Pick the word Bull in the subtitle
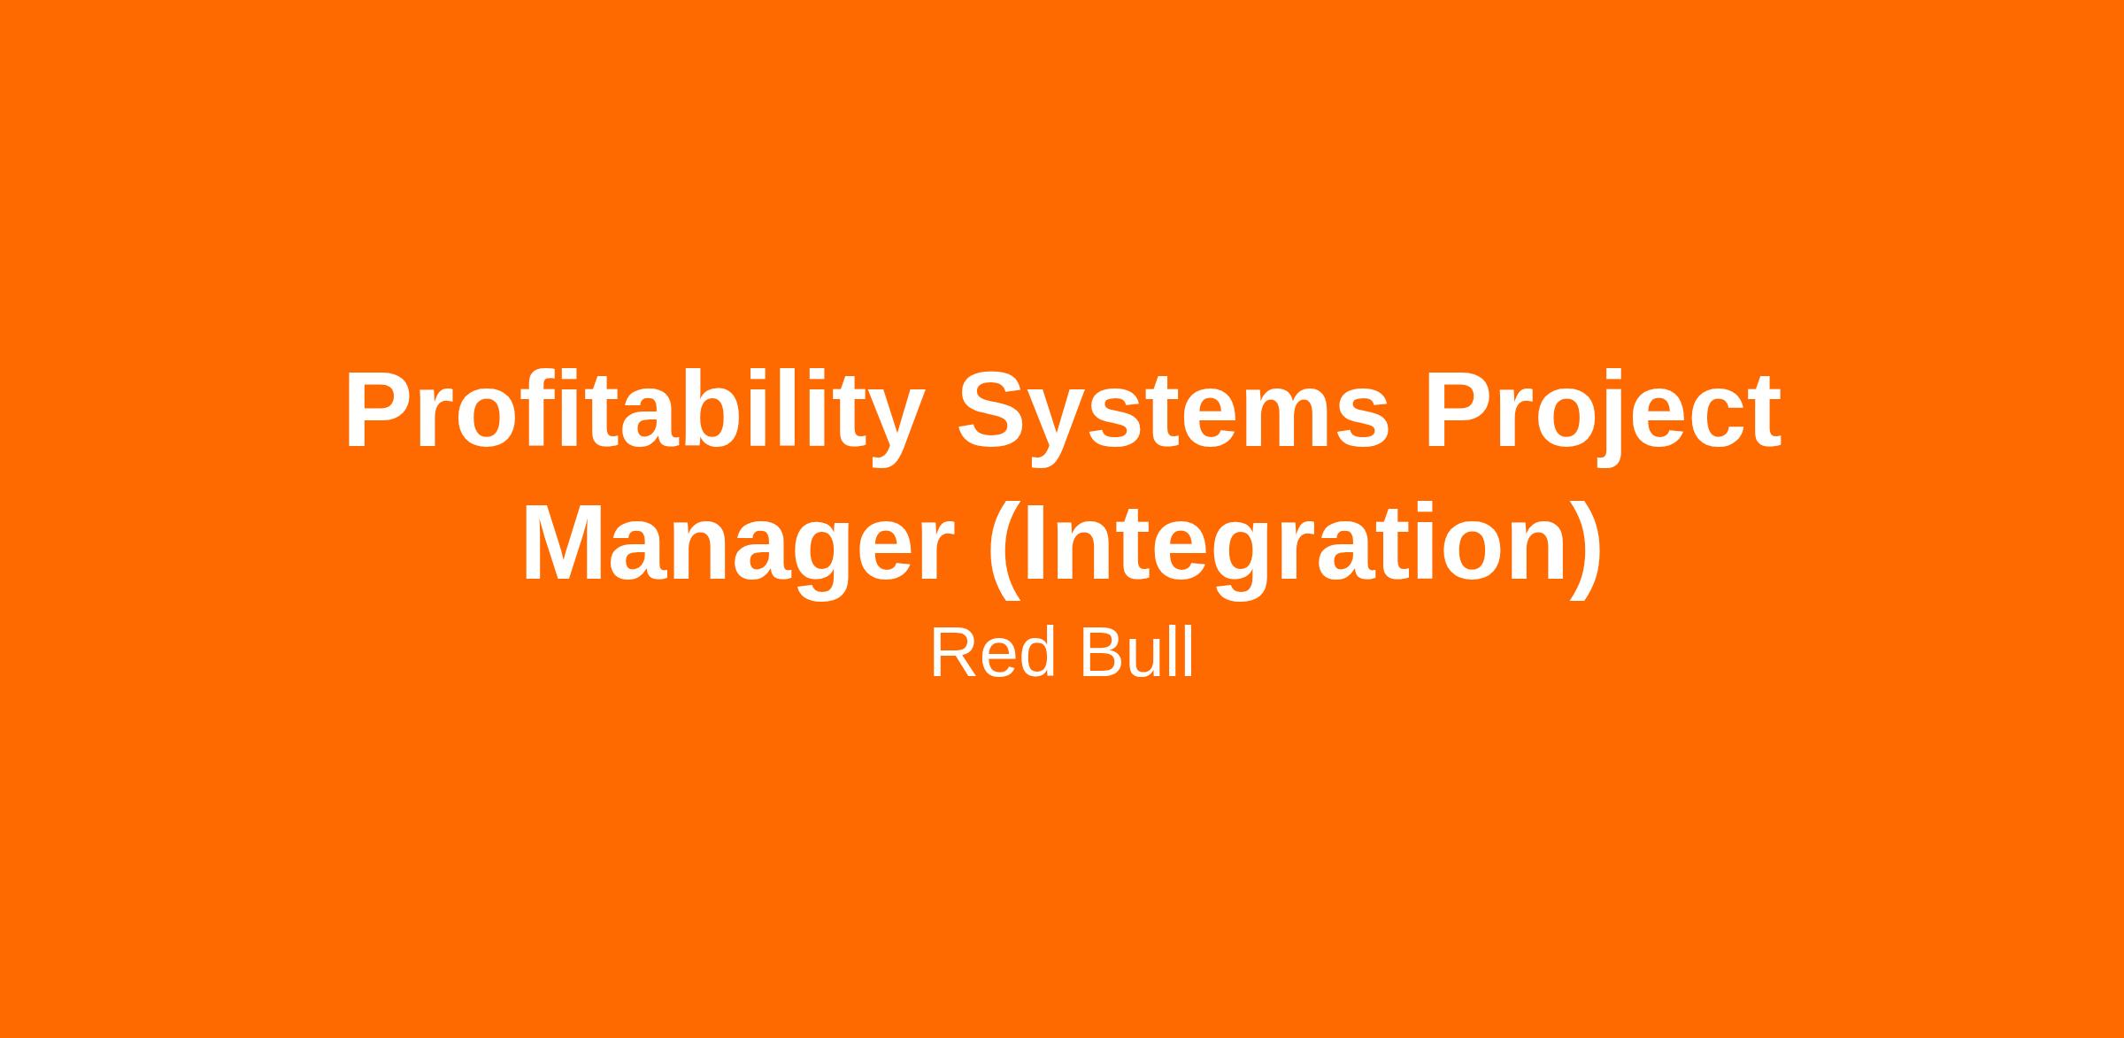(x=1136, y=653)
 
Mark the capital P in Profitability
(x=381, y=409)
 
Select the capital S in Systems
(x=995, y=409)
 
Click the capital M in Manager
(x=568, y=542)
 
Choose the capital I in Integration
(x=1035, y=542)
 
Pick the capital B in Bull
(x=1102, y=653)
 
